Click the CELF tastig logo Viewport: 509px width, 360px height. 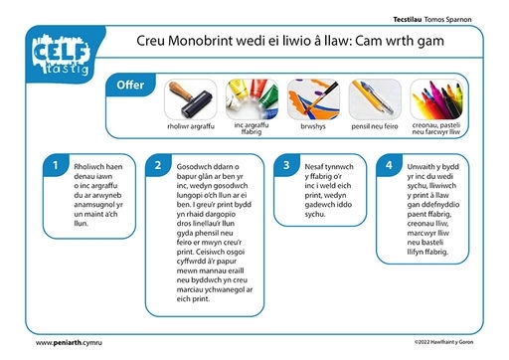tap(62, 55)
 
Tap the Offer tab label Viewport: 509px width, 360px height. tap(130, 85)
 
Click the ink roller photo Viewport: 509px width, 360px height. tap(191, 99)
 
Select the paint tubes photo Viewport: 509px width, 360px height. tap(252, 99)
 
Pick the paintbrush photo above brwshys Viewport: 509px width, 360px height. tap(313, 99)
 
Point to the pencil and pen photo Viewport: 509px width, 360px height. tap(375, 99)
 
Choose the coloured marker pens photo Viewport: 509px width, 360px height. tap(436, 99)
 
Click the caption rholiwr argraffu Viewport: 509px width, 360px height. tap(191, 126)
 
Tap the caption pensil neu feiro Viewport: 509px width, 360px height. tap(375, 126)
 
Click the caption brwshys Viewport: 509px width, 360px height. tap(313, 126)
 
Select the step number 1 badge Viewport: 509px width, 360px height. tap(56, 165)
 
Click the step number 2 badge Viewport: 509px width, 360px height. tap(158, 165)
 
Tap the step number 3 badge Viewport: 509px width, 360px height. tap(286, 165)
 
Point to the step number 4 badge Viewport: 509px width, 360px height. tap(389, 165)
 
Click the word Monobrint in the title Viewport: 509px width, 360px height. tap(201, 41)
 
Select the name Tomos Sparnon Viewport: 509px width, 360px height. tap(447, 20)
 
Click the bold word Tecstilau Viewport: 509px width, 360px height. tap(408, 20)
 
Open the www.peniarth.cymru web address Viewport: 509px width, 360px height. tap(69, 343)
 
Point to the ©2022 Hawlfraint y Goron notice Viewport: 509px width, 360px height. tap(443, 342)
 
